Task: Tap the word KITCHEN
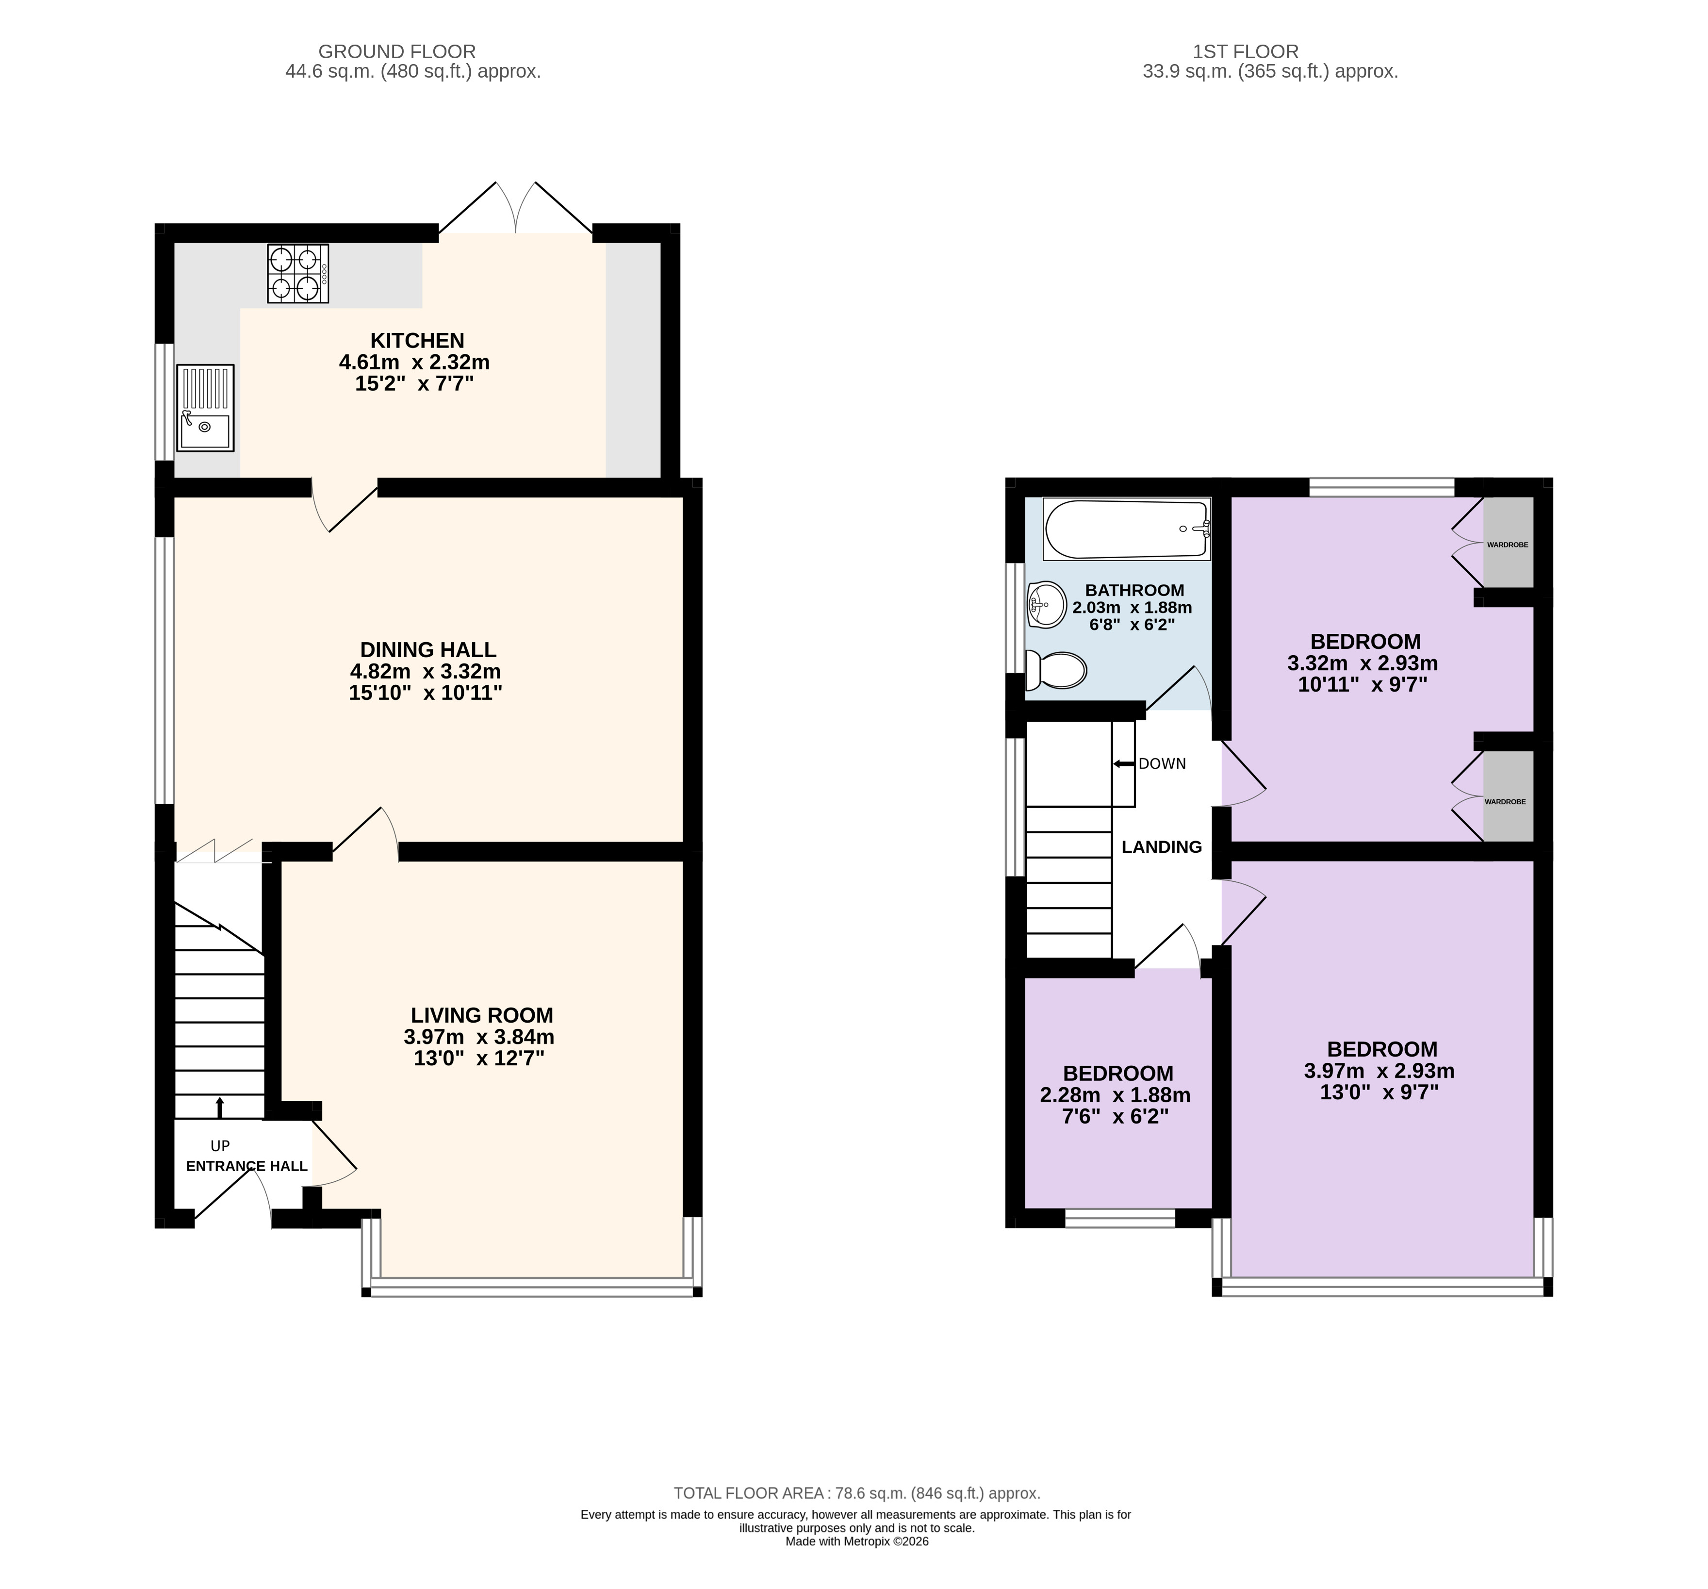tap(418, 340)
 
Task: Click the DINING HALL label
tap(428, 650)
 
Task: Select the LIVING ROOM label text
tap(482, 1015)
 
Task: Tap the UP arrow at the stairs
tap(220, 1108)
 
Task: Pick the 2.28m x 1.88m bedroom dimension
tap(1115, 1095)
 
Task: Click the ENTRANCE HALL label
tap(246, 1166)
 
